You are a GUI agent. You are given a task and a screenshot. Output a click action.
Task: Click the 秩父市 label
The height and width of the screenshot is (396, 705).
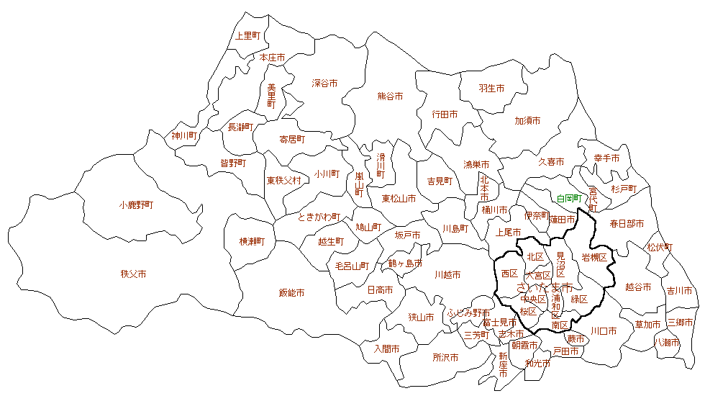click(x=134, y=274)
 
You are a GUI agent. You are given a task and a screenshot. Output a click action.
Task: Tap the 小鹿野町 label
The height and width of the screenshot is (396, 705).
click(x=136, y=205)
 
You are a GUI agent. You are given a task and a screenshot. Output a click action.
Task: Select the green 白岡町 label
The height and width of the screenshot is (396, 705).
click(x=568, y=198)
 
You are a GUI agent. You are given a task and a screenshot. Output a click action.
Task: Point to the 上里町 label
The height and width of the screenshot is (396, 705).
click(x=248, y=35)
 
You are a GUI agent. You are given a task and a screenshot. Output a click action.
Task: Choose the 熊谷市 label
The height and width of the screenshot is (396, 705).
click(x=390, y=96)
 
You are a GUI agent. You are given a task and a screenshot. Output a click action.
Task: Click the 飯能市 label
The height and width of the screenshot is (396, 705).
click(x=291, y=293)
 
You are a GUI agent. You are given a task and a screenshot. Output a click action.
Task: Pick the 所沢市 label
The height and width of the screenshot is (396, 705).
click(x=445, y=357)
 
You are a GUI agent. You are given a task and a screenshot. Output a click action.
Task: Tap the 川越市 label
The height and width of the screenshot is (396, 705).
click(x=447, y=275)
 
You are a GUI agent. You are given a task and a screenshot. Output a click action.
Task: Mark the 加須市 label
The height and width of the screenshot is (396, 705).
click(x=527, y=121)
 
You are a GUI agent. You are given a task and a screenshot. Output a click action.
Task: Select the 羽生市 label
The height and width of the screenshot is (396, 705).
click(x=491, y=89)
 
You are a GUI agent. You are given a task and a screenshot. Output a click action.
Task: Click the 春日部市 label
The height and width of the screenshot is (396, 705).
click(x=627, y=224)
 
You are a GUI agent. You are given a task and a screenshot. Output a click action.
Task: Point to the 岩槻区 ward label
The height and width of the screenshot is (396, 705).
click(x=594, y=257)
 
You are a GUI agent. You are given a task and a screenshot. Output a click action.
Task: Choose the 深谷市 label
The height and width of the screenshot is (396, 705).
click(x=324, y=84)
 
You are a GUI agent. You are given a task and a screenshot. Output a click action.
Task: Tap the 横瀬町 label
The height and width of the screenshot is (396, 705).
click(x=253, y=242)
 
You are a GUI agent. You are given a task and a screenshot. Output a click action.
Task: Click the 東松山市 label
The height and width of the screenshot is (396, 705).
click(x=399, y=199)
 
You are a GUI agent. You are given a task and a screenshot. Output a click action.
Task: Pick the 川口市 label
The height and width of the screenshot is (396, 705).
click(x=603, y=331)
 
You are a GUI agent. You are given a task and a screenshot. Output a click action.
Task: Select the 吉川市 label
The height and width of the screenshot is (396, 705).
click(x=679, y=291)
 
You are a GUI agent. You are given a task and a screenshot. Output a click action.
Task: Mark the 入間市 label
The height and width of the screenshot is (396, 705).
click(x=386, y=348)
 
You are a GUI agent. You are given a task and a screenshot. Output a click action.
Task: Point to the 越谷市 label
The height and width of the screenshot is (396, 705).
click(x=638, y=287)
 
